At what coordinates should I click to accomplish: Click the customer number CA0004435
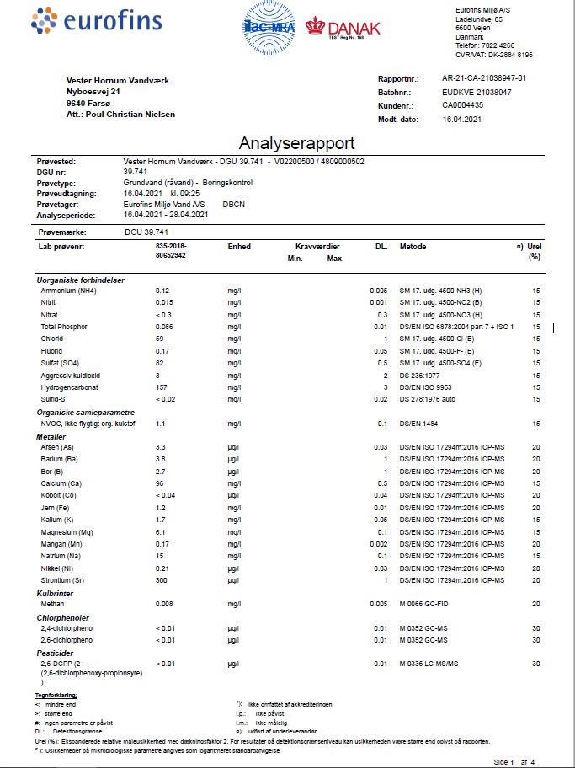pos(463,105)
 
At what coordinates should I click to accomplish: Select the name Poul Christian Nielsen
pos(130,113)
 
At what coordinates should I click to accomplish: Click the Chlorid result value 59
pos(160,339)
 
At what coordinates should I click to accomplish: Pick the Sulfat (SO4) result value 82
pos(160,362)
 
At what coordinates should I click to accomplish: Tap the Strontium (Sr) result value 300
pos(162,580)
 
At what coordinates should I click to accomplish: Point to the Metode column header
pos(413,247)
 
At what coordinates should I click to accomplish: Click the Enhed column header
pos(239,247)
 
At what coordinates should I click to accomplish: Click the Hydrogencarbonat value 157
pos(162,387)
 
